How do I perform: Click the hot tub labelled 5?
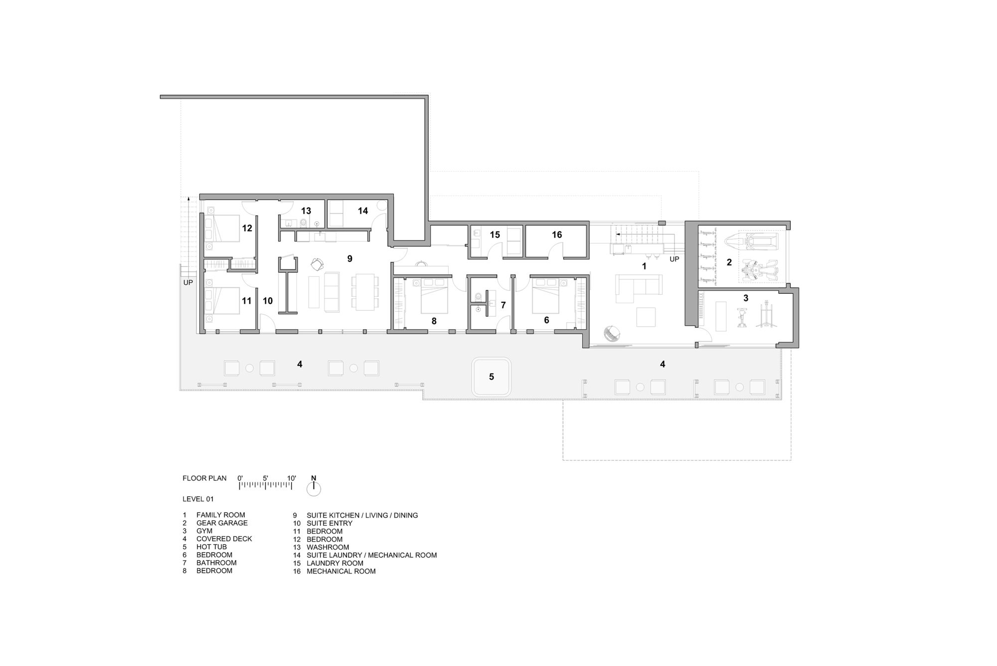coord(491,377)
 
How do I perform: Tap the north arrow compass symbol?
coord(314,489)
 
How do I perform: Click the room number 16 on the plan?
coord(557,234)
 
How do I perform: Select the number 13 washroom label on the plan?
coord(306,211)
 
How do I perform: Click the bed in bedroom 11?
coord(224,301)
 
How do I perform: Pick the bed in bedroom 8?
coord(434,296)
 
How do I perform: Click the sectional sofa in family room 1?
coord(638,287)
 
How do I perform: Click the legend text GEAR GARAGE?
coord(222,523)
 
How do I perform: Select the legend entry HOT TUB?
coord(211,547)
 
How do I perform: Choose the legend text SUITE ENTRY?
coord(329,523)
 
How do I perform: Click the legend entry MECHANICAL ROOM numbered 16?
coord(341,571)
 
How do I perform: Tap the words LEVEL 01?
coord(198,499)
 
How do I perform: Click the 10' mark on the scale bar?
coord(292,478)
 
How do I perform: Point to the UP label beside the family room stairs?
coord(674,259)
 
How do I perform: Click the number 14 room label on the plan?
coord(362,211)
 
